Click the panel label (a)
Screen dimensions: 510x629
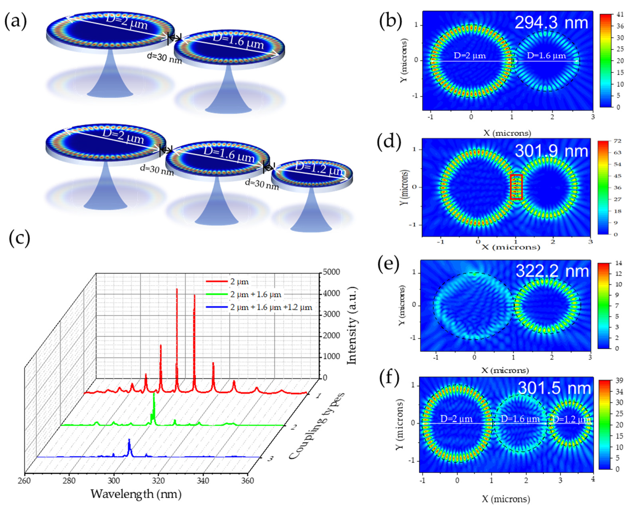click(15, 22)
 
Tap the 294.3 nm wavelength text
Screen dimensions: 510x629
click(551, 23)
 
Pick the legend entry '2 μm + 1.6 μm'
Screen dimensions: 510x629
click(256, 294)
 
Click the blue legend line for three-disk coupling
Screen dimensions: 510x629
click(217, 307)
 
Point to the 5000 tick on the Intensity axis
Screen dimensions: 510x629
click(331, 272)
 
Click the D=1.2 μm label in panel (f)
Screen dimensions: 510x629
click(571, 419)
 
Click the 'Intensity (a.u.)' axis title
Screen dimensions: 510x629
click(352, 326)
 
